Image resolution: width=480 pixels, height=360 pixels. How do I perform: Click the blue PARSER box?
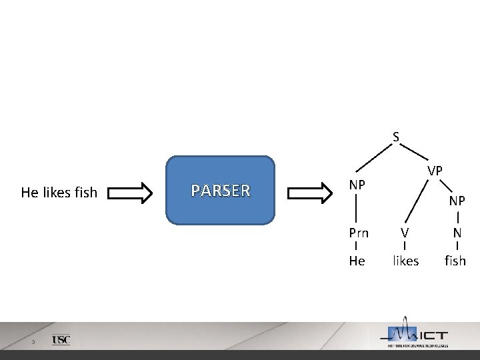(x=220, y=190)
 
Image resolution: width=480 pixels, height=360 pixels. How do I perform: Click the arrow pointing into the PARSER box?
(x=130, y=193)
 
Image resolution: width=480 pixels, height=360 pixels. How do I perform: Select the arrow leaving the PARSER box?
(x=310, y=193)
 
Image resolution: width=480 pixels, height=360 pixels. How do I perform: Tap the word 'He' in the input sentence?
(x=30, y=193)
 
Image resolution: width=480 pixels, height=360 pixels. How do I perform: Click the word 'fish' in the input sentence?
(x=86, y=193)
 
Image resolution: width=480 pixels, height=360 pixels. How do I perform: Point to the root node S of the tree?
(x=396, y=137)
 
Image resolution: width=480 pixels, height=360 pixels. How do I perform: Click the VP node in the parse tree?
(x=435, y=171)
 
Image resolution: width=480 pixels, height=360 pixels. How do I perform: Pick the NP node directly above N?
(x=457, y=201)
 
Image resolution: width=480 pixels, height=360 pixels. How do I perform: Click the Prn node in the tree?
(x=359, y=233)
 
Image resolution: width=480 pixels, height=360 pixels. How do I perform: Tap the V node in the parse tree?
(x=405, y=233)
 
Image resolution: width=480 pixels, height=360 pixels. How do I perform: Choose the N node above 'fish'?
(x=457, y=233)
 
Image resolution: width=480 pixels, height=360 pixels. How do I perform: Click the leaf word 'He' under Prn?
(x=357, y=261)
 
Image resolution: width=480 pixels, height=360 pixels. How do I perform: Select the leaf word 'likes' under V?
(x=405, y=261)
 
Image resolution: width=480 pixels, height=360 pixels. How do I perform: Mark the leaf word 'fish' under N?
(x=455, y=261)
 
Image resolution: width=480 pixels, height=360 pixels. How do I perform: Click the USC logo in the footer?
(x=61, y=340)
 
